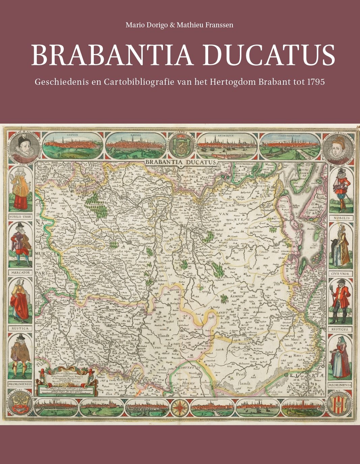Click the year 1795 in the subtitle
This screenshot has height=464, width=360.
pyautogui.click(x=316, y=82)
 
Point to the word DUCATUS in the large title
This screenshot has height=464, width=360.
pyautogui.click(x=269, y=55)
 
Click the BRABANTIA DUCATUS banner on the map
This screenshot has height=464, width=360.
pyautogui.click(x=181, y=162)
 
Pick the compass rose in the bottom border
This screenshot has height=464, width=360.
pyautogui.click(x=180, y=407)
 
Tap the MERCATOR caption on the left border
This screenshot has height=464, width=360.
pyautogui.click(x=20, y=272)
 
